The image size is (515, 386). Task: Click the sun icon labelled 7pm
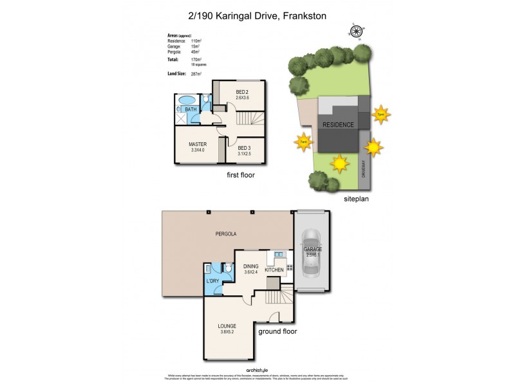coord(381,115)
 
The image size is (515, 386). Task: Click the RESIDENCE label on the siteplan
coord(338,125)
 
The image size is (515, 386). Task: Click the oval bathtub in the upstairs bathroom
coord(187,100)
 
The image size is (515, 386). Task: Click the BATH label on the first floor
coord(191,110)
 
